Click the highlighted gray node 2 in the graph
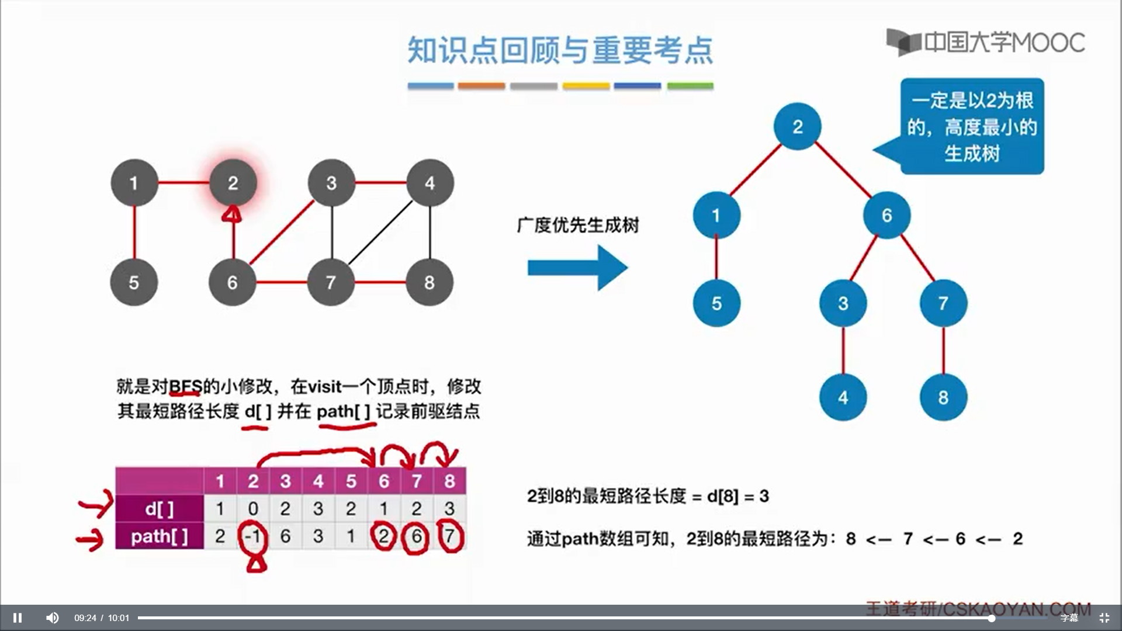[x=233, y=183]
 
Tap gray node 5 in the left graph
[x=134, y=282]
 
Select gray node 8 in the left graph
[x=430, y=282]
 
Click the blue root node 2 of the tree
[x=798, y=126]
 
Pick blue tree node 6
[x=886, y=215]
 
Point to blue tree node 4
[x=843, y=397]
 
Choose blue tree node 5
[x=716, y=303]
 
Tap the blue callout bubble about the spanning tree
[x=971, y=126]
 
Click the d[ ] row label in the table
[x=160, y=509]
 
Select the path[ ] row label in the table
[x=160, y=536]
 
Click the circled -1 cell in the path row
[x=252, y=536]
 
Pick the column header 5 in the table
[x=351, y=481]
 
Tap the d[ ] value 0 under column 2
[x=252, y=509]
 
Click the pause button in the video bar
[x=18, y=618]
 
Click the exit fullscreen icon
[x=1104, y=618]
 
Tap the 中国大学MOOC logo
[x=986, y=42]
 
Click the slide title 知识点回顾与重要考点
[x=560, y=50]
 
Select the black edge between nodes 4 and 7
[x=380, y=233]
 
